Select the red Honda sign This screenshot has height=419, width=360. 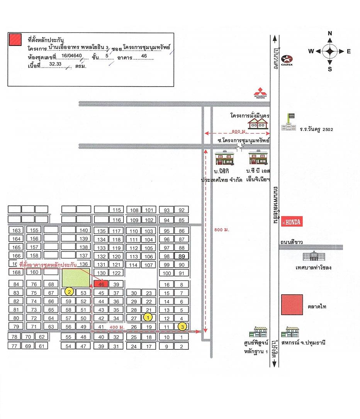[292, 222]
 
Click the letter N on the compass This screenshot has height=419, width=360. [330, 34]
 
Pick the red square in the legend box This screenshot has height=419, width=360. [15, 39]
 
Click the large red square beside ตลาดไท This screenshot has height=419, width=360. [292, 305]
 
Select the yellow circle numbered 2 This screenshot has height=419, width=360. [69, 291]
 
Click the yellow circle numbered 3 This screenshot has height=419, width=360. [182, 326]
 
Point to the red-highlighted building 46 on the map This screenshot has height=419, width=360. [101, 284]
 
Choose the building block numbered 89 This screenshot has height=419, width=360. [182, 256]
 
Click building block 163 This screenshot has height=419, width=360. [16, 231]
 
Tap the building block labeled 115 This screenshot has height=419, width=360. [116, 210]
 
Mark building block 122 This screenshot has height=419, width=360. [116, 273]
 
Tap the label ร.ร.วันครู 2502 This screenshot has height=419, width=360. [316, 129]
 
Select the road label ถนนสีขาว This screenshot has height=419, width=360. [292, 242]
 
